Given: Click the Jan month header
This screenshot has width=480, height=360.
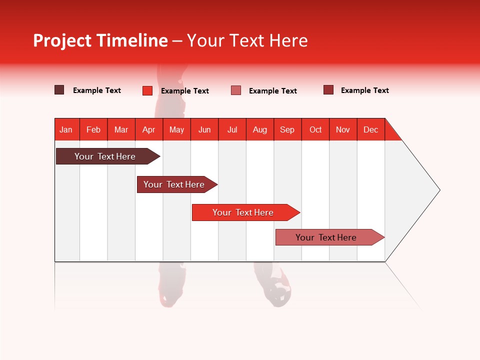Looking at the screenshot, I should pyautogui.click(x=66, y=129).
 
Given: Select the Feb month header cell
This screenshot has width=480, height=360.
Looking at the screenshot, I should pyautogui.click(x=93, y=129).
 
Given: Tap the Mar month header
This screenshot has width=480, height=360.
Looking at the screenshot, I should pyautogui.click(x=121, y=129).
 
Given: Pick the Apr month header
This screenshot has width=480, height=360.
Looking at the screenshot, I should pyautogui.click(x=149, y=129).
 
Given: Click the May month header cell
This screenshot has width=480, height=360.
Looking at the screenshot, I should pyautogui.click(x=176, y=129).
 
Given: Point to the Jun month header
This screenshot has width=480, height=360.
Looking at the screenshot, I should pyautogui.click(x=204, y=129).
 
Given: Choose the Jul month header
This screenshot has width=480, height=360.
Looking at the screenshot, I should pyautogui.click(x=232, y=129).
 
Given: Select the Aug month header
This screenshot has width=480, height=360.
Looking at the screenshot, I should pyautogui.click(x=260, y=129).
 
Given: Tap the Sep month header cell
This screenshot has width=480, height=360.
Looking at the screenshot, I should pyautogui.click(x=287, y=129).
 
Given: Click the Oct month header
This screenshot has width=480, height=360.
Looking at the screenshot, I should pyautogui.click(x=315, y=129).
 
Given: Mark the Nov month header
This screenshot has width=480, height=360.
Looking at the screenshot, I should pyautogui.click(x=343, y=129).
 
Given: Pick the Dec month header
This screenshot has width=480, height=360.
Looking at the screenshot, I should pyautogui.click(x=371, y=129).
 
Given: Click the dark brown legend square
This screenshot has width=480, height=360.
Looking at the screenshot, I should pyautogui.click(x=59, y=90).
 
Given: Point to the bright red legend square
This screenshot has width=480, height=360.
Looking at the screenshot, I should pyautogui.click(x=147, y=90).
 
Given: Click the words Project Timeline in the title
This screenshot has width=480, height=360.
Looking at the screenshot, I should pyautogui.click(x=100, y=40).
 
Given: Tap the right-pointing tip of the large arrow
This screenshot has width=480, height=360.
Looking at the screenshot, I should pyautogui.click(x=437, y=190).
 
